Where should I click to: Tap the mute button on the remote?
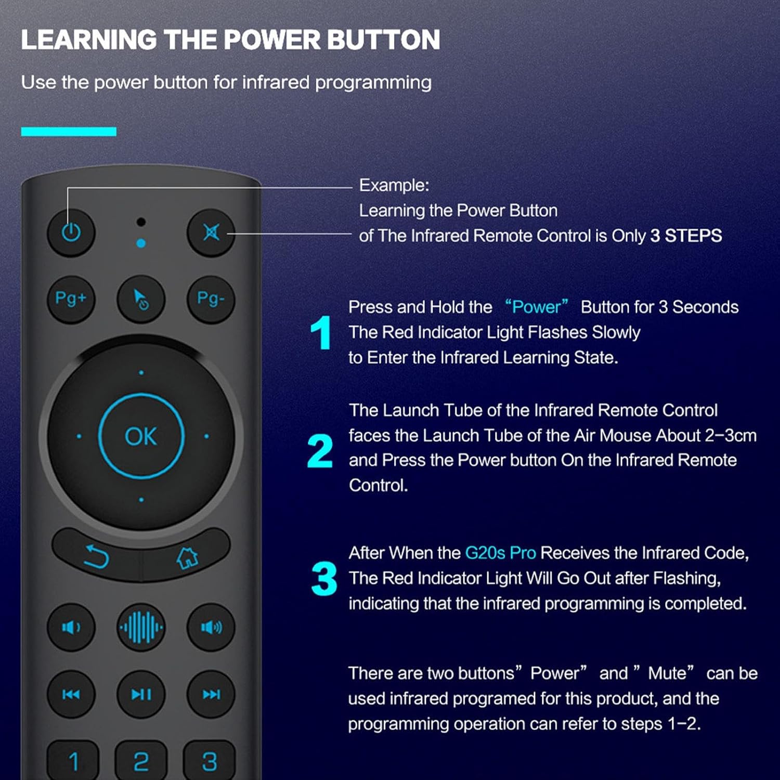coord(211,232)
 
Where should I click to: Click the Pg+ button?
coord(71,299)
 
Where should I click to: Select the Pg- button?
coord(211,299)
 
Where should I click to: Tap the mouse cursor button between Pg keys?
coord(141,299)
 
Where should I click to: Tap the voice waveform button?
coord(141,627)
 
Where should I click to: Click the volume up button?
coord(211,627)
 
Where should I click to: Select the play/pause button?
coord(141,694)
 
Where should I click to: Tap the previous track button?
coord(71,694)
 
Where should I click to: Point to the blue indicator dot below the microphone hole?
coord(141,243)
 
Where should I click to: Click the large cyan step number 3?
coord(324,578)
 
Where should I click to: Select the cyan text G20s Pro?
coord(500,553)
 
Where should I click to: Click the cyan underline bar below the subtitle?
coord(69,132)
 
